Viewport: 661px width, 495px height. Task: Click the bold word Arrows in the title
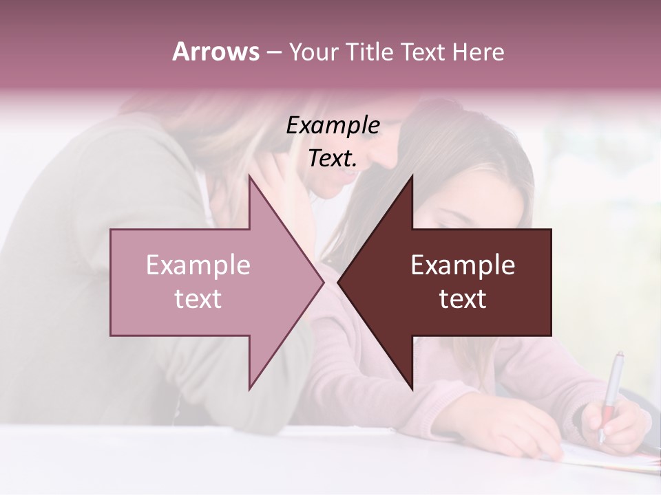216,52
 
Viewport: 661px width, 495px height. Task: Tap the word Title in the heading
369,52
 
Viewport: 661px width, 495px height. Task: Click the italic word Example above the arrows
333,126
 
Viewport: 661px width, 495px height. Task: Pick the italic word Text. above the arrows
333,159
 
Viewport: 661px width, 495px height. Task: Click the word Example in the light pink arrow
198,265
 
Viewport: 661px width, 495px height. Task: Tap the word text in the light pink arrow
198,299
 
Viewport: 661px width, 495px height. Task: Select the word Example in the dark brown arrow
463,265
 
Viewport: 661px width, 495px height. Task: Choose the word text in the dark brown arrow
463,299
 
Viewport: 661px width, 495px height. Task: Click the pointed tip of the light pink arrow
322,282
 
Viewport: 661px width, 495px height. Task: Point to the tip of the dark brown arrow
339,282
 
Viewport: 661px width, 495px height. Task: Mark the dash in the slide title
273,52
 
